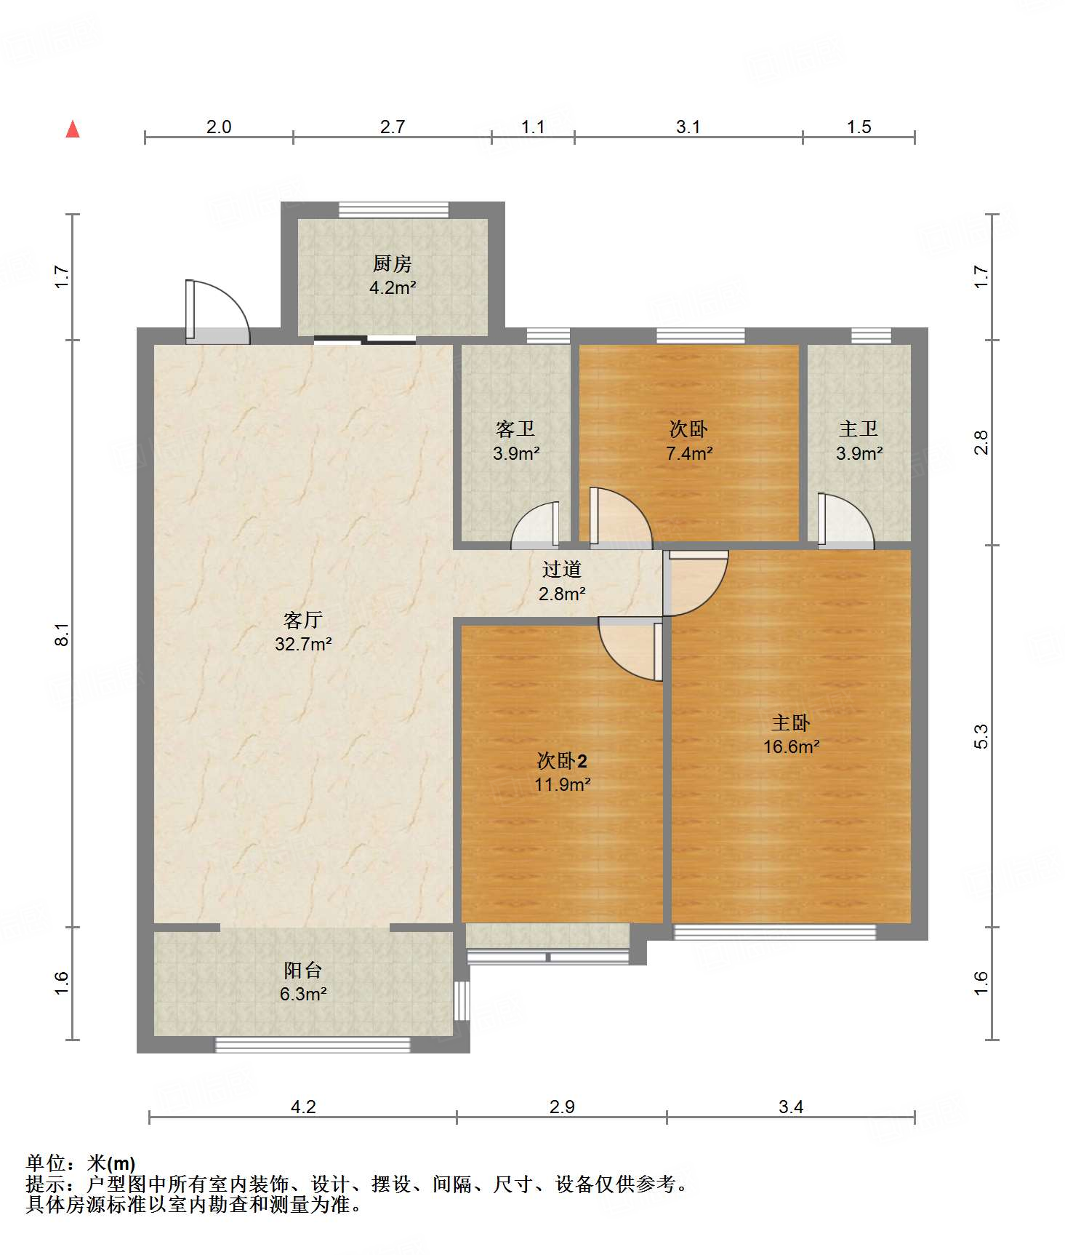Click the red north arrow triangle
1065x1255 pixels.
click(73, 129)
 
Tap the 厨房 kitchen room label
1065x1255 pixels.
click(393, 263)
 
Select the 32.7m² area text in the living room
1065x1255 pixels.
click(303, 644)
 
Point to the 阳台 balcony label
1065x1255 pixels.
click(302, 970)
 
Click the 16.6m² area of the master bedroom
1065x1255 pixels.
click(792, 746)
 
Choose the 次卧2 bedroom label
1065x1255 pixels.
click(562, 761)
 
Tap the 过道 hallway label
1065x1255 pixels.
click(562, 570)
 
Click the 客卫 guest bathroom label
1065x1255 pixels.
click(515, 429)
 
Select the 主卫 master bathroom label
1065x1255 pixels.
click(859, 429)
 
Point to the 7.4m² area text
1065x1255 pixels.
click(689, 453)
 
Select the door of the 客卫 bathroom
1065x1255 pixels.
click(535, 524)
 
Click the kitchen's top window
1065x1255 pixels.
click(393, 210)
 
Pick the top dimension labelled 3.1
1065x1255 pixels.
click(688, 127)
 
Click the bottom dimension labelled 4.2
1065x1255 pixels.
click(303, 1107)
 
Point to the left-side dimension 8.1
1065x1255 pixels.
click(63, 634)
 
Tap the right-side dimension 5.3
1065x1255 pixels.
click(981, 736)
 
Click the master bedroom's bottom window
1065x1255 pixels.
click(774, 932)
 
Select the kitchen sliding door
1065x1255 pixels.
click(365, 339)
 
